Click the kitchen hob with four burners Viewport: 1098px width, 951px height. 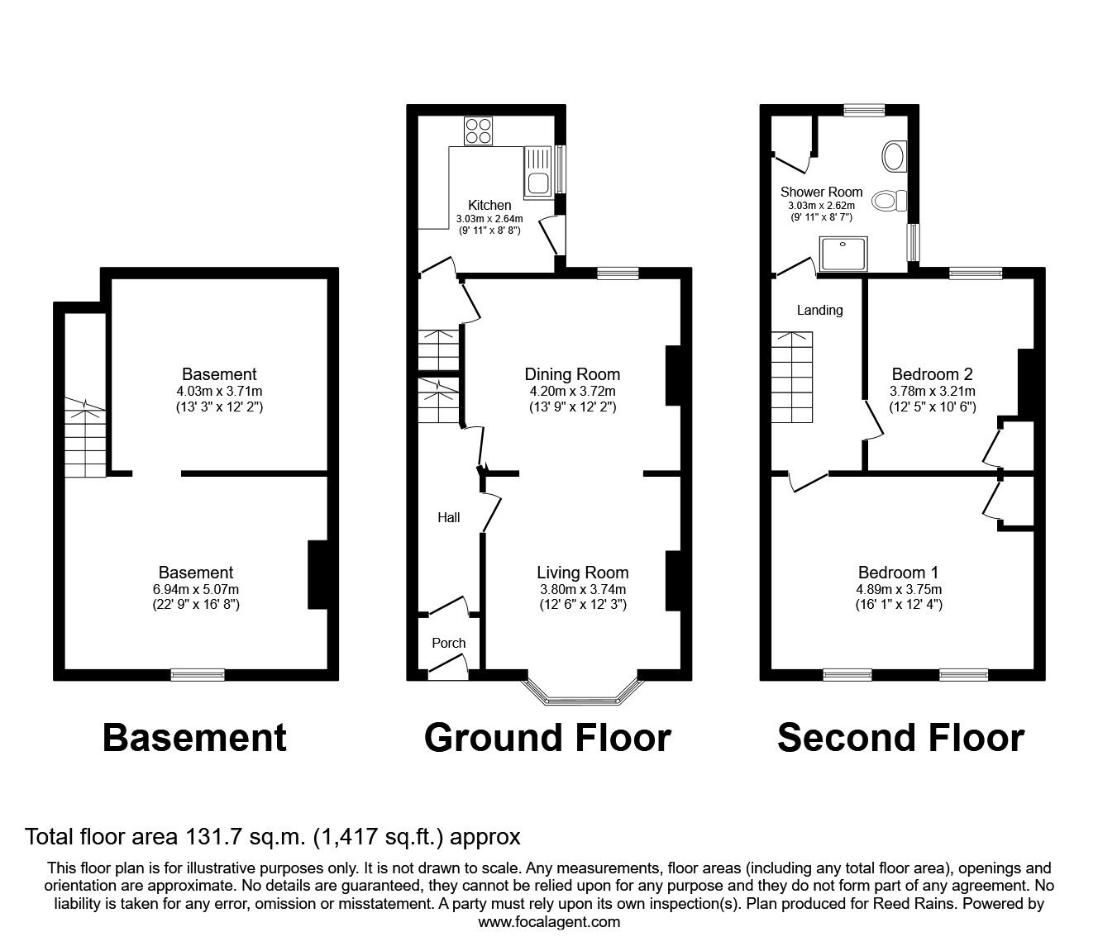[x=478, y=131]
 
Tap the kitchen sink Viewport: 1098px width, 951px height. [x=537, y=172]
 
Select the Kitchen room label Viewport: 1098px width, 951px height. [x=489, y=205]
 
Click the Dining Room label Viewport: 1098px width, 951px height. [x=572, y=374]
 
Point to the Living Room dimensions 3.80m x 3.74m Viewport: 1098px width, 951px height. [x=582, y=589]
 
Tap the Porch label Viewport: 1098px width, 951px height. [x=449, y=643]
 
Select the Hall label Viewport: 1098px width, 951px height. [x=449, y=517]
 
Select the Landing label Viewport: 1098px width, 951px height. [x=819, y=310]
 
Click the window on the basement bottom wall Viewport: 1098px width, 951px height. [x=198, y=674]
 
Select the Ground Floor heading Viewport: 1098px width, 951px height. [x=547, y=737]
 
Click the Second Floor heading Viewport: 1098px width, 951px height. [x=900, y=737]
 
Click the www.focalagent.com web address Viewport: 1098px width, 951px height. [x=549, y=922]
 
